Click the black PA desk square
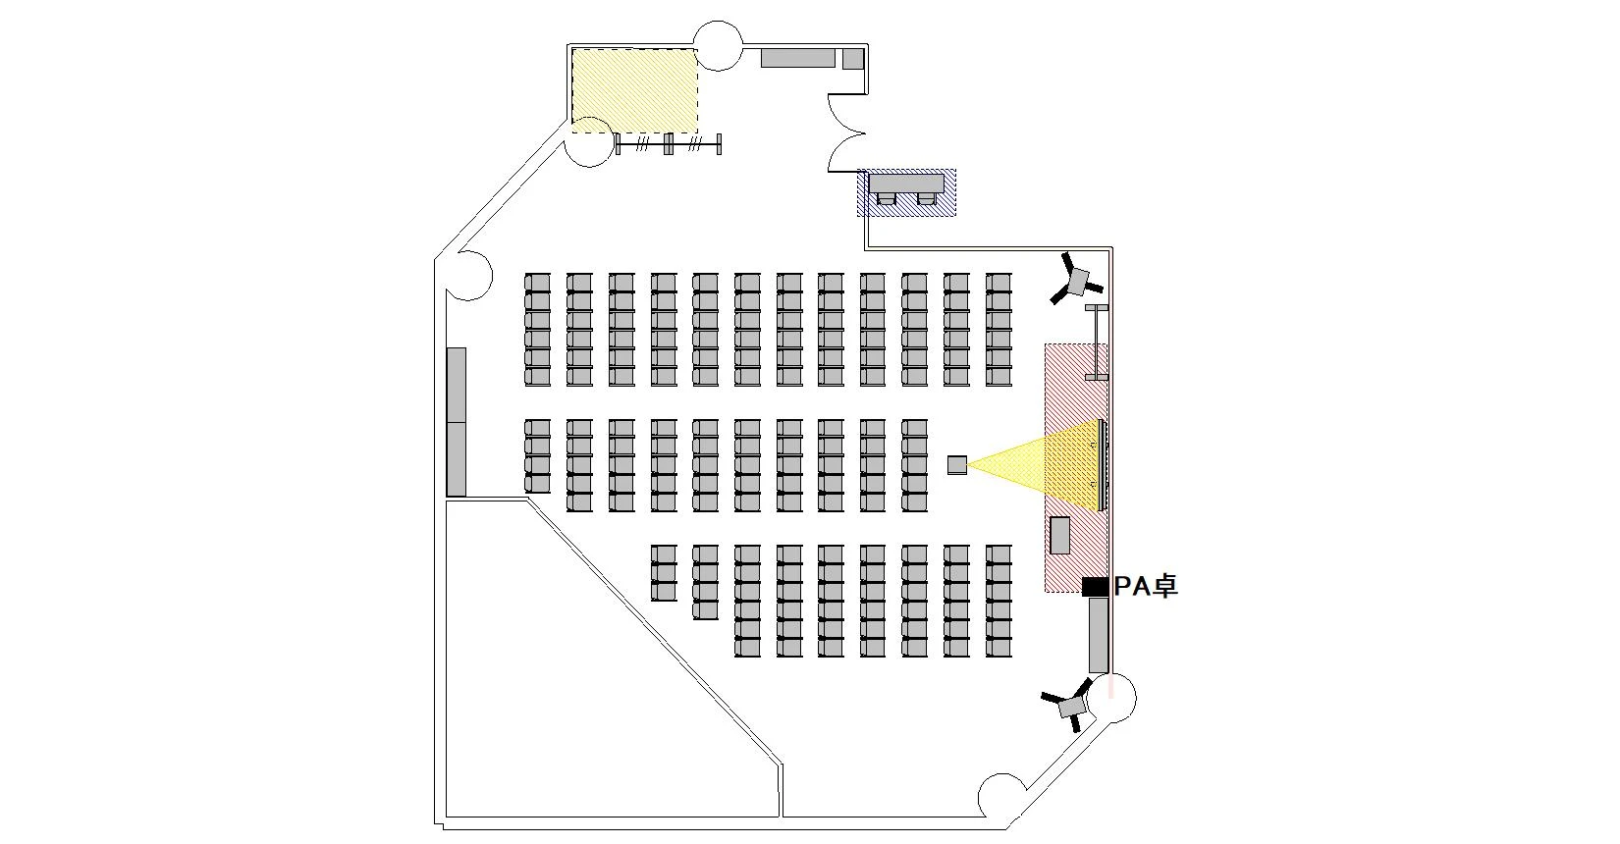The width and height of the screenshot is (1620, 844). tap(1095, 587)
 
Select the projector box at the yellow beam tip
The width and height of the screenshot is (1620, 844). tap(957, 465)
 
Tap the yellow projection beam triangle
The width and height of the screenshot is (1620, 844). tap(1021, 464)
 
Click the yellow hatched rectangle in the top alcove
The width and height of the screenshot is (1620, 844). tap(634, 90)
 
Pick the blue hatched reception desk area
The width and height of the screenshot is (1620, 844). tap(906, 192)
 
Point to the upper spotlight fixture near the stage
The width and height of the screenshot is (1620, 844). tap(1077, 281)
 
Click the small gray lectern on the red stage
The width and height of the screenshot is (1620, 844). tap(1060, 535)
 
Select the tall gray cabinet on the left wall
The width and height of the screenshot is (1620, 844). tap(457, 422)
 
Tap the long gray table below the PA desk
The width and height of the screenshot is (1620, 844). tap(1099, 635)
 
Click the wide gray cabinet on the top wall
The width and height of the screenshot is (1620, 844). tap(798, 58)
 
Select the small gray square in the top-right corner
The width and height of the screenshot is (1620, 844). tap(852, 58)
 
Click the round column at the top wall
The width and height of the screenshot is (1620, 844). tap(718, 45)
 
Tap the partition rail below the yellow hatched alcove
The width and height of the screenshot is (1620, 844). tap(669, 144)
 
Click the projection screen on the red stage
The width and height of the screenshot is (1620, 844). tap(1104, 464)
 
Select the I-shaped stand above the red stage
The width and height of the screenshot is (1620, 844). tap(1097, 343)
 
